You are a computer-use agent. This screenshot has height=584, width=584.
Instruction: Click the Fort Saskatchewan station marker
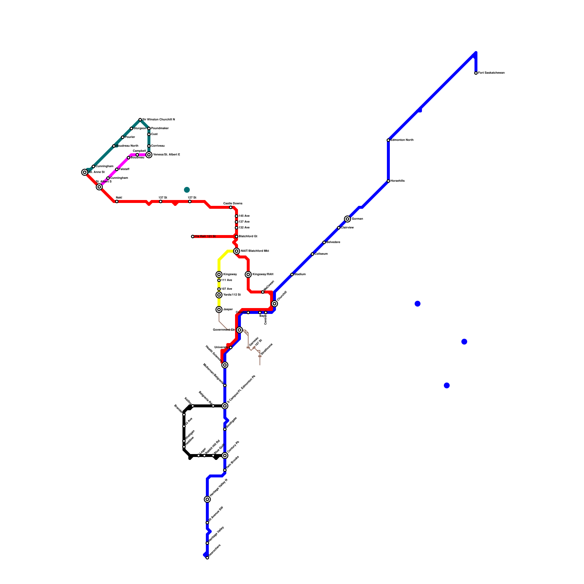[476, 73]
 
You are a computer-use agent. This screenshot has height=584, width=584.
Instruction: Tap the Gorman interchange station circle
[347, 219]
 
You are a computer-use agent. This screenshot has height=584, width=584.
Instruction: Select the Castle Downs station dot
[231, 207]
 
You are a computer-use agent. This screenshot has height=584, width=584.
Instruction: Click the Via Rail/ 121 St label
[205, 237]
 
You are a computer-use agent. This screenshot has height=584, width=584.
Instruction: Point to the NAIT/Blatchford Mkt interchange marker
[237, 251]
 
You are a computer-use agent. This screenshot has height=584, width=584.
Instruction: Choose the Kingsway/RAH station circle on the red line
[248, 274]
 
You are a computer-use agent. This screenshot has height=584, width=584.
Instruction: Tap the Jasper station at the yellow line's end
[219, 310]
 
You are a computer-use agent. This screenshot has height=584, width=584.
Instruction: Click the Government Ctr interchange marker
[239, 330]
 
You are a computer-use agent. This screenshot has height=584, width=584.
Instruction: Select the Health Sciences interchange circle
[225, 365]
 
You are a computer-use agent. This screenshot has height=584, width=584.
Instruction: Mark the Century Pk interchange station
[225, 456]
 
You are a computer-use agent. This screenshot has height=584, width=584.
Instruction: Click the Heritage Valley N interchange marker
[207, 499]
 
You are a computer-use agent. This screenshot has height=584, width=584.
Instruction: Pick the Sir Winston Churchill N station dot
[140, 120]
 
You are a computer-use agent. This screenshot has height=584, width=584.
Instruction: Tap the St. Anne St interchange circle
[85, 172]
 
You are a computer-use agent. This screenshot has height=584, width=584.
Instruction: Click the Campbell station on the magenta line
[137, 155]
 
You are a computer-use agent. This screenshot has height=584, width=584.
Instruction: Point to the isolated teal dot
[187, 190]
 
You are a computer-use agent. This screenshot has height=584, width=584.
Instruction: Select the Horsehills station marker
[388, 181]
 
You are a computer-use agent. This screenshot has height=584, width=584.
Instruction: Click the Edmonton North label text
[402, 140]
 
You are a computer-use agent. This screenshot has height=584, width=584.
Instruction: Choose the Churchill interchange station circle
[274, 304]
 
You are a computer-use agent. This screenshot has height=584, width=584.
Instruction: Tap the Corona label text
[241, 312]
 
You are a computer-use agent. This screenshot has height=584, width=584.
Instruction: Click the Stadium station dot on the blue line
[292, 274]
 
